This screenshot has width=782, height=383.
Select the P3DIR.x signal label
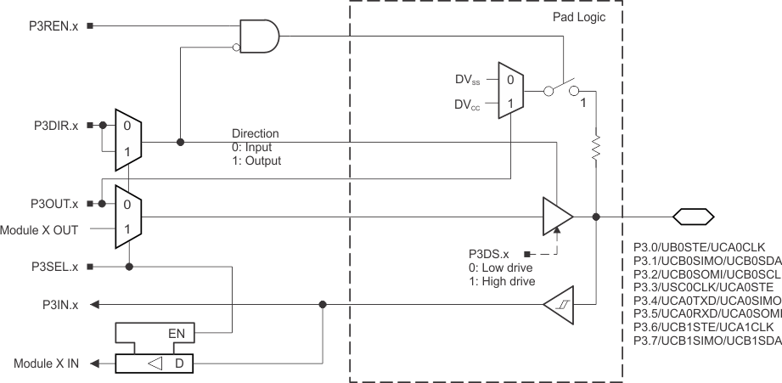(x=53, y=125)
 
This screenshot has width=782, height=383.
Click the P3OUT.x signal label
(x=53, y=205)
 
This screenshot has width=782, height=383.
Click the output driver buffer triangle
(x=556, y=217)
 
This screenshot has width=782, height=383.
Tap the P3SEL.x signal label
(x=53, y=267)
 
